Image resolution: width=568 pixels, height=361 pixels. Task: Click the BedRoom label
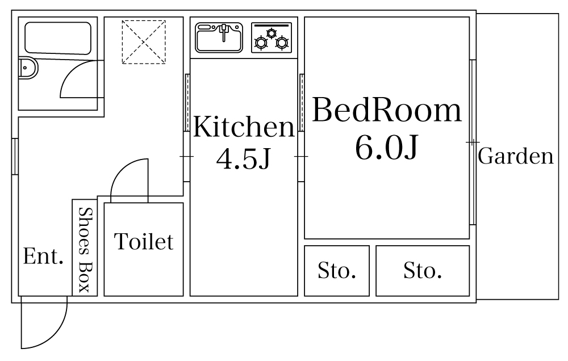tap(387, 111)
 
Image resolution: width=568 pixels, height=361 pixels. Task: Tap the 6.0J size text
tap(387, 148)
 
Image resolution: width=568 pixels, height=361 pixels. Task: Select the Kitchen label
tap(244, 127)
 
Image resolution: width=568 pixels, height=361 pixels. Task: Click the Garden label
tap(516, 156)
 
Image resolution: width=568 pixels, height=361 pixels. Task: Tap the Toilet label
tap(144, 242)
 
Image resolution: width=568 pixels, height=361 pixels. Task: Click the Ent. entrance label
tap(43, 257)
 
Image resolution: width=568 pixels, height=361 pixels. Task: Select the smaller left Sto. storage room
tap(337, 271)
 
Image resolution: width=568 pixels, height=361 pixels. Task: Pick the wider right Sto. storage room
tap(423, 271)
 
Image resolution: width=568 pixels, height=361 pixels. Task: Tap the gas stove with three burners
tap(272, 38)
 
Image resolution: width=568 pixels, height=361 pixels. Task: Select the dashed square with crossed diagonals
tap(144, 42)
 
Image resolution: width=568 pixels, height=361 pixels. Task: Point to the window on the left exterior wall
tap(15, 156)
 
